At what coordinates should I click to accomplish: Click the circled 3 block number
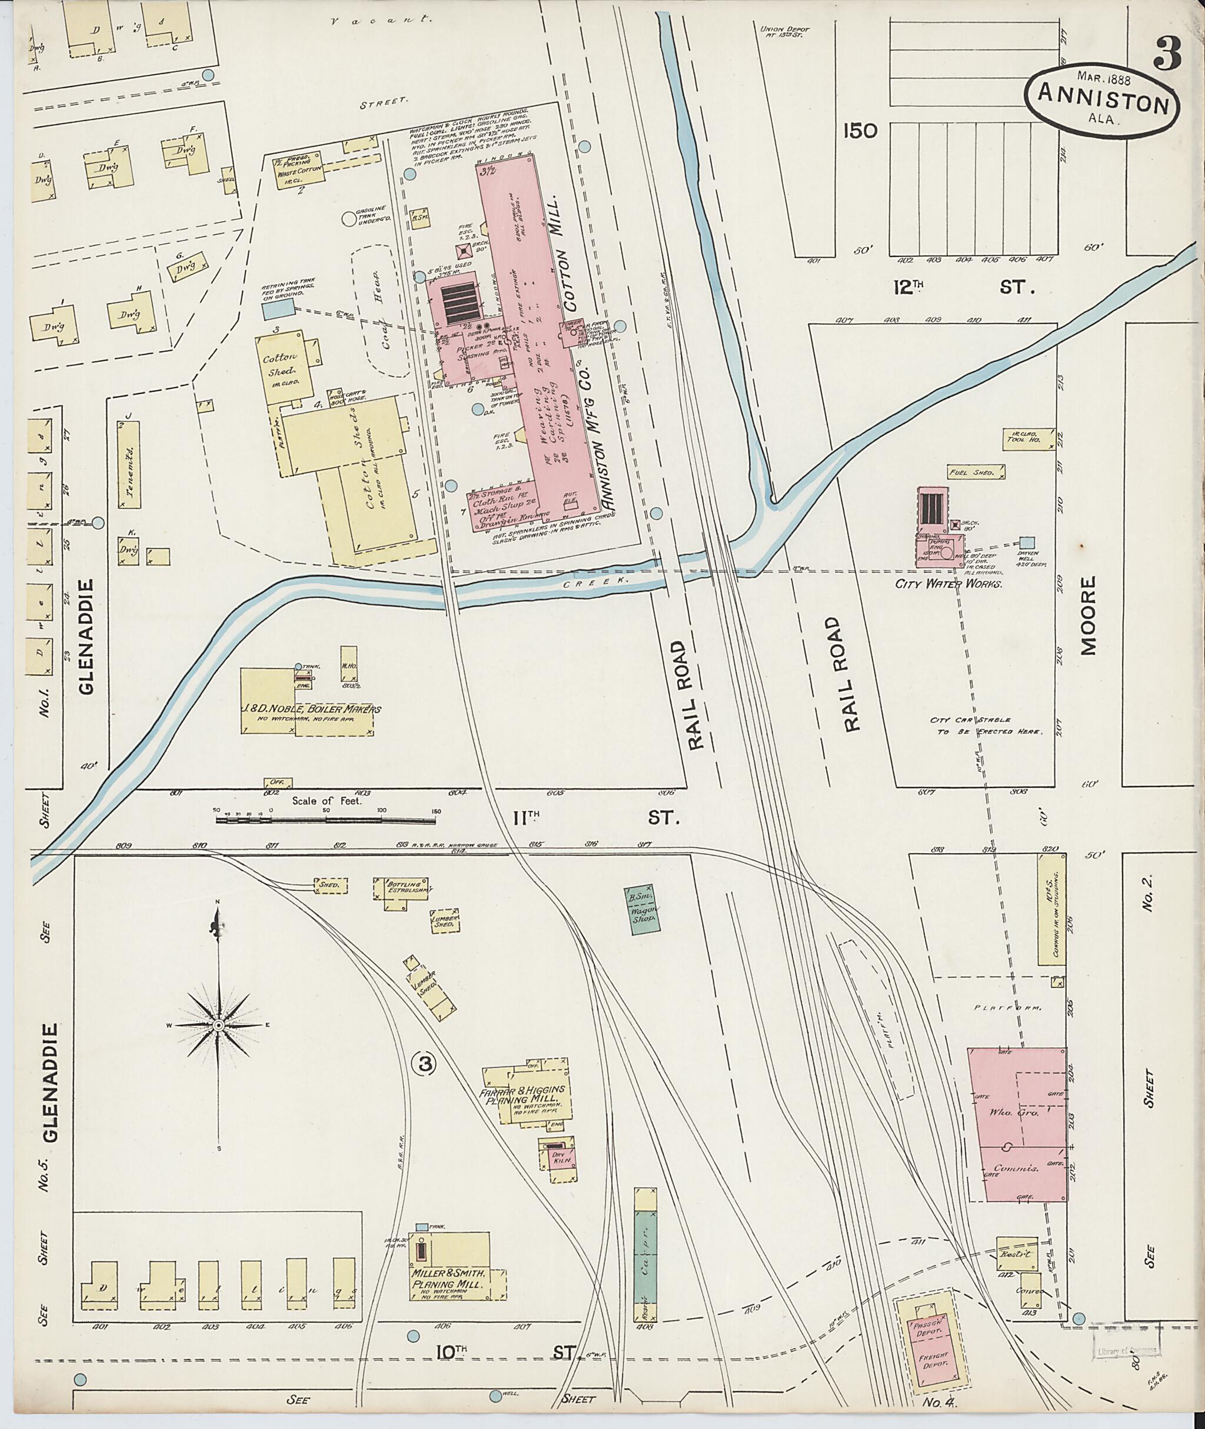pyautogui.click(x=425, y=1063)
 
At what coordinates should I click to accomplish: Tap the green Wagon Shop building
pyautogui.click(x=641, y=911)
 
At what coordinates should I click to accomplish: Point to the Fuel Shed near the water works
pyautogui.click(x=976, y=471)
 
